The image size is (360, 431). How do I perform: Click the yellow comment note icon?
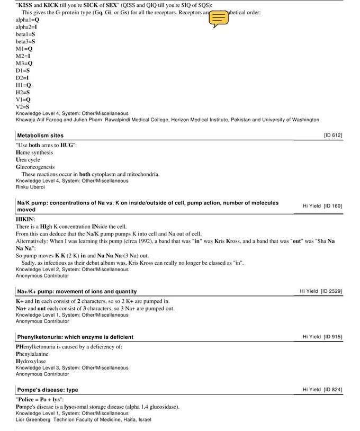tap(219, 19)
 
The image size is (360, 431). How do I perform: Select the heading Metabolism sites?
tap(40, 136)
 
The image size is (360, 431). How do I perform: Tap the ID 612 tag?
tap(333, 136)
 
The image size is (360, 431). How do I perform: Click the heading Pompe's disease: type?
tap(48, 390)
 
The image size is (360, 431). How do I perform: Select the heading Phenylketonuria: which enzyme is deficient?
tap(75, 337)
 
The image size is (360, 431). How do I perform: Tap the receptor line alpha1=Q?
tap(28, 20)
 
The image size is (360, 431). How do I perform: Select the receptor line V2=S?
tap(23, 106)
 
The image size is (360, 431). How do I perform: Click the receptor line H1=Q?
tap(23, 85)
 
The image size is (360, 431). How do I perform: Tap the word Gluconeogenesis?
tap(35, 167)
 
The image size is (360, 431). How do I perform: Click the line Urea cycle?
tap(28, 159)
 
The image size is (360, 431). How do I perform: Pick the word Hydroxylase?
tap(31, 361)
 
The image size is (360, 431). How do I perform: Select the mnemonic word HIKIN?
tap(24, 219)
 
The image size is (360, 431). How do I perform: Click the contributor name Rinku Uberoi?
tap(30, 187)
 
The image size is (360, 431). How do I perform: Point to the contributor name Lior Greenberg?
tap(33, 419)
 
